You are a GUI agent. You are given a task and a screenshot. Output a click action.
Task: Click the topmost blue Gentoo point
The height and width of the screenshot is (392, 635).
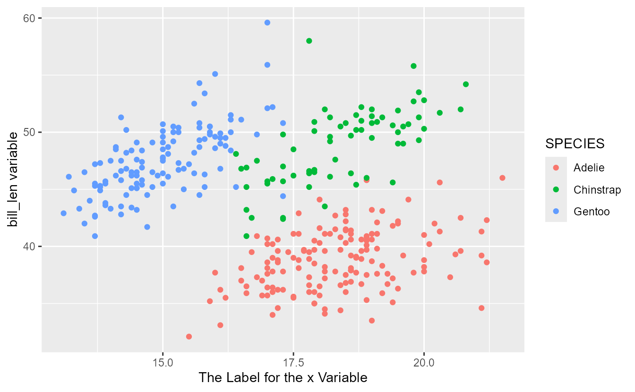pyautogui.click(x=267, y=23)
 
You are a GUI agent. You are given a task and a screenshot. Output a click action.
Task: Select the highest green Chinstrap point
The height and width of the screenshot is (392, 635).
pyautogui.click(x=309, y=41)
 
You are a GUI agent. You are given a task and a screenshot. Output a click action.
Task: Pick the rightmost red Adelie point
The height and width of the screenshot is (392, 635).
pyautogui.click(x=502, y=178)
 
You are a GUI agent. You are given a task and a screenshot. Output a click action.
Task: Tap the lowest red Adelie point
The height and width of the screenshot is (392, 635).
pyautogui.click(x=189, y=337)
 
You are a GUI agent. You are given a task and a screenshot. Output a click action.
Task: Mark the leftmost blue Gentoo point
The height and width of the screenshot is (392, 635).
pyautogui.click(x=64, y=213)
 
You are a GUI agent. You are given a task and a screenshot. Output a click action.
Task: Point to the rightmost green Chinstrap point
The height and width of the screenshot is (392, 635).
pyautogui.click(x=466, y=85)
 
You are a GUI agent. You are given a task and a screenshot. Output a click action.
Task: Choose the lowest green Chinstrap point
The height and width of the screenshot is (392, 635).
pyautogui.click(x=246, y=236)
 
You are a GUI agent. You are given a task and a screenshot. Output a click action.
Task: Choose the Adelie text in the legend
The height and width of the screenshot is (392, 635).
pyautogui.click(x=589, y=168)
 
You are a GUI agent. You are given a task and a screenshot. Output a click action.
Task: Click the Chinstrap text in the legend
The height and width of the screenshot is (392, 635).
pyautogui.click(x=597, y=190)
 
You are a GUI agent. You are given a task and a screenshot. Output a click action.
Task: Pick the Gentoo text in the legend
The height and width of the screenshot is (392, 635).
pyautogui.click(x=592, y=212)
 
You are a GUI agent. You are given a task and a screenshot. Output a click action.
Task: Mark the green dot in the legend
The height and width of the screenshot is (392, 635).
pyautogui.click(x=556, y=190)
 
